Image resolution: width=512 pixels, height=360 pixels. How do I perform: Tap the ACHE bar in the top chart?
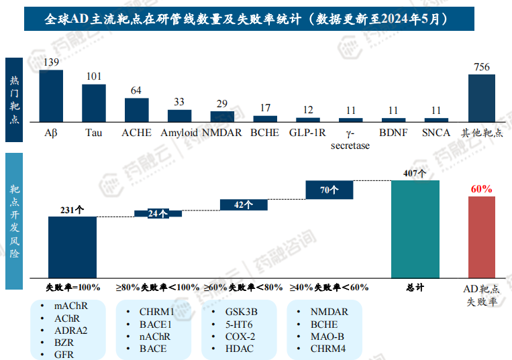point(137,109)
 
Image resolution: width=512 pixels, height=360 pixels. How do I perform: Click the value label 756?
point(481,67)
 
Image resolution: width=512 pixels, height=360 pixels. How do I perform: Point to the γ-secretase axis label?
point(350,139)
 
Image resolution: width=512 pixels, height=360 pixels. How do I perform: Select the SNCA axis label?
point(436,133)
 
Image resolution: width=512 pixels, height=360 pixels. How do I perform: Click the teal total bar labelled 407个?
point(415,228)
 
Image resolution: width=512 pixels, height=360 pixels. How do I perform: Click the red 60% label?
point(481,189)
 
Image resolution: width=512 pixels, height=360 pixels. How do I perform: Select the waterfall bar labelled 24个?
point(158,214)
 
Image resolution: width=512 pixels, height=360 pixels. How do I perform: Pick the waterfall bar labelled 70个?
point(329,190)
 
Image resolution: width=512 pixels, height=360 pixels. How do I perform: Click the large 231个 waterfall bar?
point(72,246)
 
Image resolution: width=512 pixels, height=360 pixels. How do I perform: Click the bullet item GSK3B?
point(241,312)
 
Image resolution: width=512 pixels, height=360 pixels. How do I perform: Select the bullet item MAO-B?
point(327,337)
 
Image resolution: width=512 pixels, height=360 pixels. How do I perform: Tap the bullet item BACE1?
point(156,324)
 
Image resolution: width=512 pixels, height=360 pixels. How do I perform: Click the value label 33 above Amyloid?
point(179,102)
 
